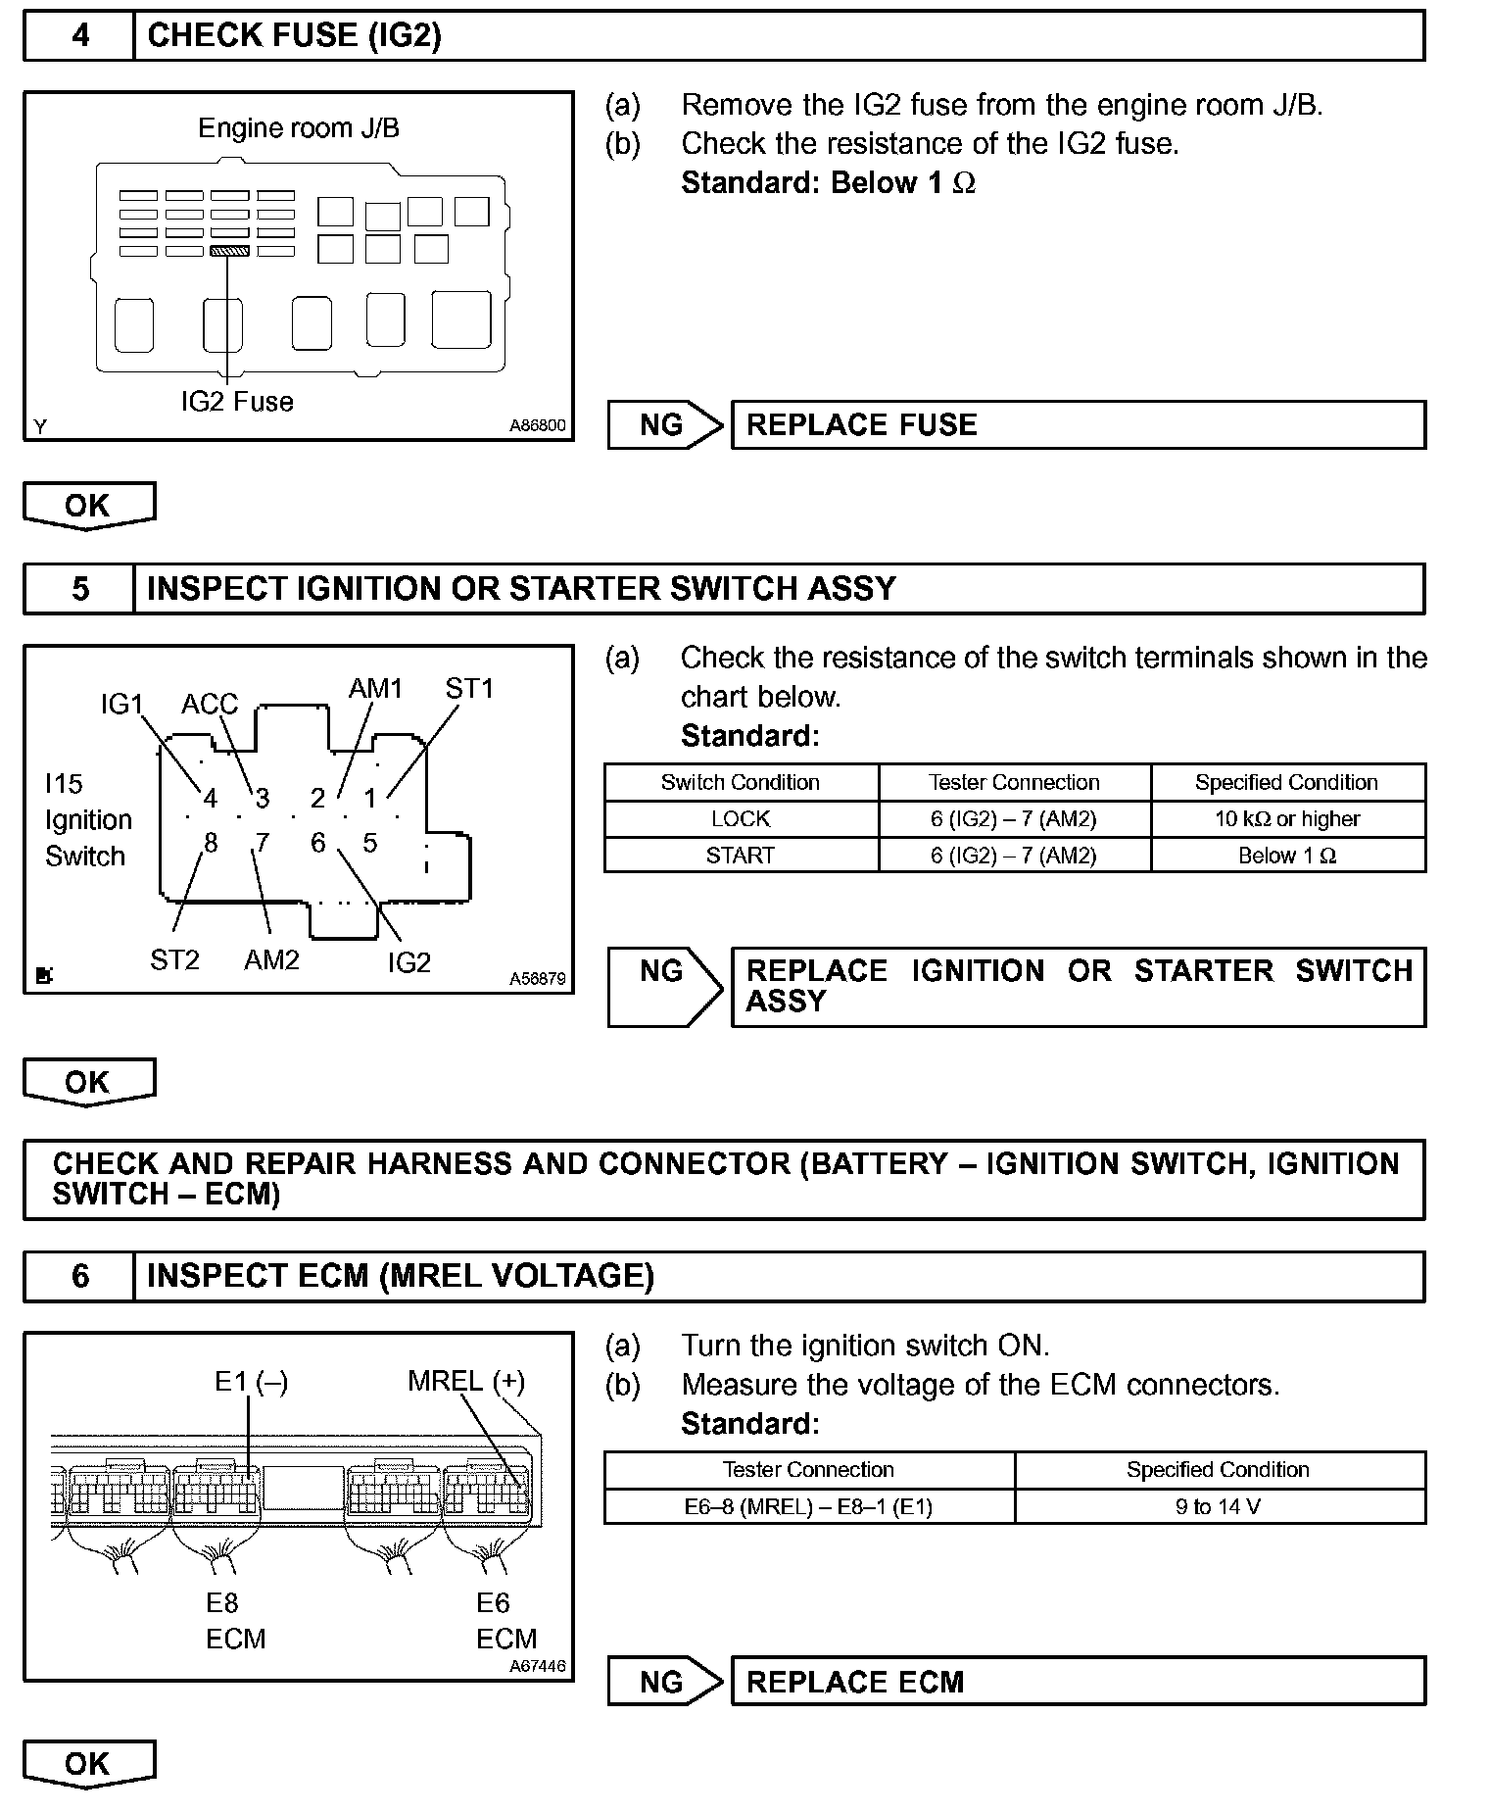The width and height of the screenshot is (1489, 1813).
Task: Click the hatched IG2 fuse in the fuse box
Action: coord(230,251)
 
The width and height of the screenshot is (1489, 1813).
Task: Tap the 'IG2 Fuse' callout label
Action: coord(237,402)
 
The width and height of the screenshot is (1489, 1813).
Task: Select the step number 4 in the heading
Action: coord(80,36)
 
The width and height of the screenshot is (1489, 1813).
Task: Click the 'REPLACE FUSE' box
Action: coord(1078,425)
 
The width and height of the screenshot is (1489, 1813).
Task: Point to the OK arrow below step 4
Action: coord(88,506)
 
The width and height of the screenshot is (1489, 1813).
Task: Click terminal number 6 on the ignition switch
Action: coord(317,843)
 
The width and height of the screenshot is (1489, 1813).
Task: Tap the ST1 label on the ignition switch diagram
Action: coord(469,689)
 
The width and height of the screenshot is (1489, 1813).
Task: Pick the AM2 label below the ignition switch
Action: coord(271,960)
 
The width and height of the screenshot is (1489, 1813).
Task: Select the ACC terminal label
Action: coord(210,704)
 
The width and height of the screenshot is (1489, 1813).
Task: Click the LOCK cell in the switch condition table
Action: coord(741,819)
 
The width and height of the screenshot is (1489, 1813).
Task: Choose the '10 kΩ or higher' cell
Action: coord(1287,819)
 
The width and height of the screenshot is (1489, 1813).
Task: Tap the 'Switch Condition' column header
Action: coord(741,782)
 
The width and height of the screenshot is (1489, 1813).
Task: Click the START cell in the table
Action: coord(741,856)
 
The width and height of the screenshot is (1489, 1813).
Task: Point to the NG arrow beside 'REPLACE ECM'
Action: coord(664,1682)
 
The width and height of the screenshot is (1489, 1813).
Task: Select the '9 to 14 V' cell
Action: coord(1218,1506)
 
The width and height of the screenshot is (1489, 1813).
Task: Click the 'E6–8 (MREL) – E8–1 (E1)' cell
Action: coord(808,1506)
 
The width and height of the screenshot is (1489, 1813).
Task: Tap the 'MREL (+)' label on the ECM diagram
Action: coord(466,1382)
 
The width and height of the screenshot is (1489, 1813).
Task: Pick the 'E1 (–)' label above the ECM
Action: coord(251,1382)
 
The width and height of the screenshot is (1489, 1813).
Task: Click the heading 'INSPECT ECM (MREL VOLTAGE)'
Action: coord(400,1276)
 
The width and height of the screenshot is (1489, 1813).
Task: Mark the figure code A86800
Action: coord(537,426)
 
